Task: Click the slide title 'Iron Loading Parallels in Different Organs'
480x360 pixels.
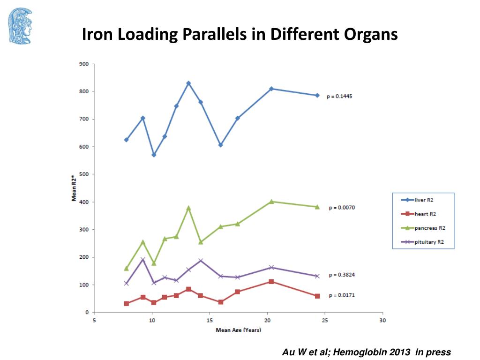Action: [x=240, y=35]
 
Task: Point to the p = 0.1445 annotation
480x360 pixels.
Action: [x=339, y=96]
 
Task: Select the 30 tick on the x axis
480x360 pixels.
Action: [x=382, y=321]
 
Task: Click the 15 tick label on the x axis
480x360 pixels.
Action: [x=210, y=321]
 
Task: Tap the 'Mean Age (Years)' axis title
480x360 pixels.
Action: [x=238, y=330]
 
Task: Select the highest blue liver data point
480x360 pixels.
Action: [x=188, y=83]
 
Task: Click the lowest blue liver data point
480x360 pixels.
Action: [x=154, y=155]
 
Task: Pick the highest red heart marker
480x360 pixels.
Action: [x=271, y=281]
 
